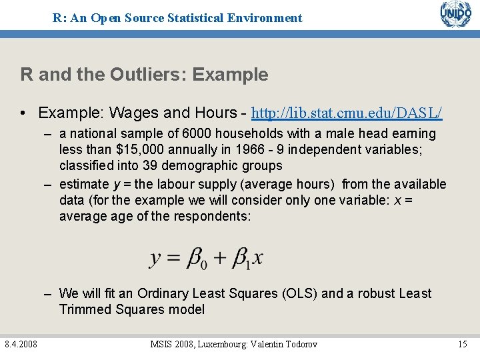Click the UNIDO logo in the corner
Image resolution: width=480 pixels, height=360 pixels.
(x=455, y=14)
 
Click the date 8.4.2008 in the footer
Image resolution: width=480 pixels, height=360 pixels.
(x=21, y=344)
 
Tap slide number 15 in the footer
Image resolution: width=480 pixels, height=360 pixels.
(x=462, y=344)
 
